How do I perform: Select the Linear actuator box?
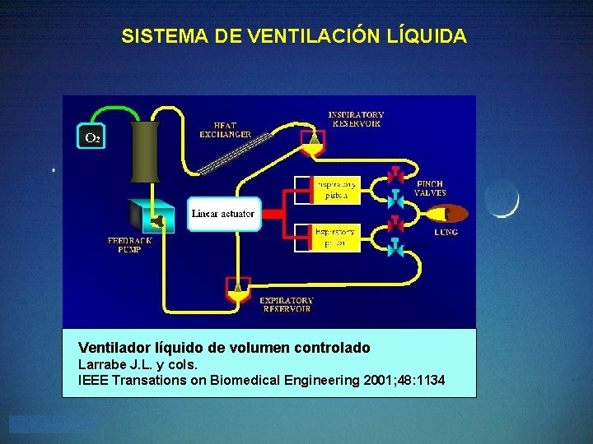pos(222,214)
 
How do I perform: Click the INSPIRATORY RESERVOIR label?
pos(356,118)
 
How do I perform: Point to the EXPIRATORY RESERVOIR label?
pos(287,305)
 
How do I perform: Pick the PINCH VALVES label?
pos(430,188)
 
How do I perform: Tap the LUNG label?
pos(446,233)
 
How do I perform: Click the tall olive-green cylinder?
pos(144,152)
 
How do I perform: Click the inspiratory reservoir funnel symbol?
pos(313,146)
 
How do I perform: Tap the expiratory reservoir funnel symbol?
pos(238,288)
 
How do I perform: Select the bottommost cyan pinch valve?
pos(395,247)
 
